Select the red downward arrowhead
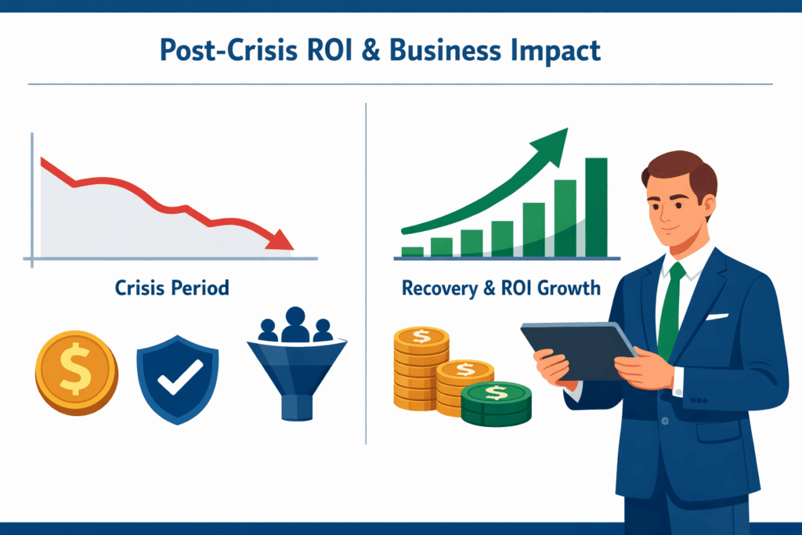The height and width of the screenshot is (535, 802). [280, 240]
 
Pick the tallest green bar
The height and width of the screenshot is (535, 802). [596, 207]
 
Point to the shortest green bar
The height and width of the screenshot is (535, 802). [412, 251]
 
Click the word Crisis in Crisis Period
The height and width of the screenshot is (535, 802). [140, 288]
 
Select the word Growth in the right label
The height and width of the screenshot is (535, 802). [569, 288]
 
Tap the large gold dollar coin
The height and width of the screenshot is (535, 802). [77, 372]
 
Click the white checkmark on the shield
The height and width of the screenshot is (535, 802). [179, 377]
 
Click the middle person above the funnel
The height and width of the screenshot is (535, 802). [295, 324]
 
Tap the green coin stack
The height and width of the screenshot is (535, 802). [496, 404]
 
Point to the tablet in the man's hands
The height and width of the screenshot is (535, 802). [579, 351]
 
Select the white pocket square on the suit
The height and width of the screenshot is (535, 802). [717, 317]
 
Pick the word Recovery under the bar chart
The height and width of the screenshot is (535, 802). [440, 288]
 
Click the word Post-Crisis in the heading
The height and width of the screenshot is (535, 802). [229, 51]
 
